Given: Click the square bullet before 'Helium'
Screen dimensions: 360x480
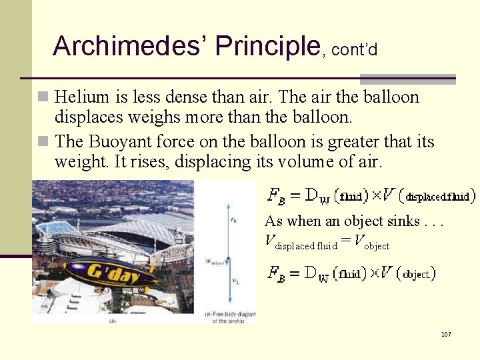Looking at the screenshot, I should click(x=44, y=97).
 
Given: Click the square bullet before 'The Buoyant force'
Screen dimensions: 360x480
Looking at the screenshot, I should click(x=44, y=142).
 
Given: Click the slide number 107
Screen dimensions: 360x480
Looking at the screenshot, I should click(x=446, y=333).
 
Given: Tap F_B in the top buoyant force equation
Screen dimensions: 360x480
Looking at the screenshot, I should click(x=276, y=195).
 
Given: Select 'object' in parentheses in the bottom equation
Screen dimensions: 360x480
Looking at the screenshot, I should click(x=419, y=273).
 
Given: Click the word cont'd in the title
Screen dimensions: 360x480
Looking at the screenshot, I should click(x=355, y=49).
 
